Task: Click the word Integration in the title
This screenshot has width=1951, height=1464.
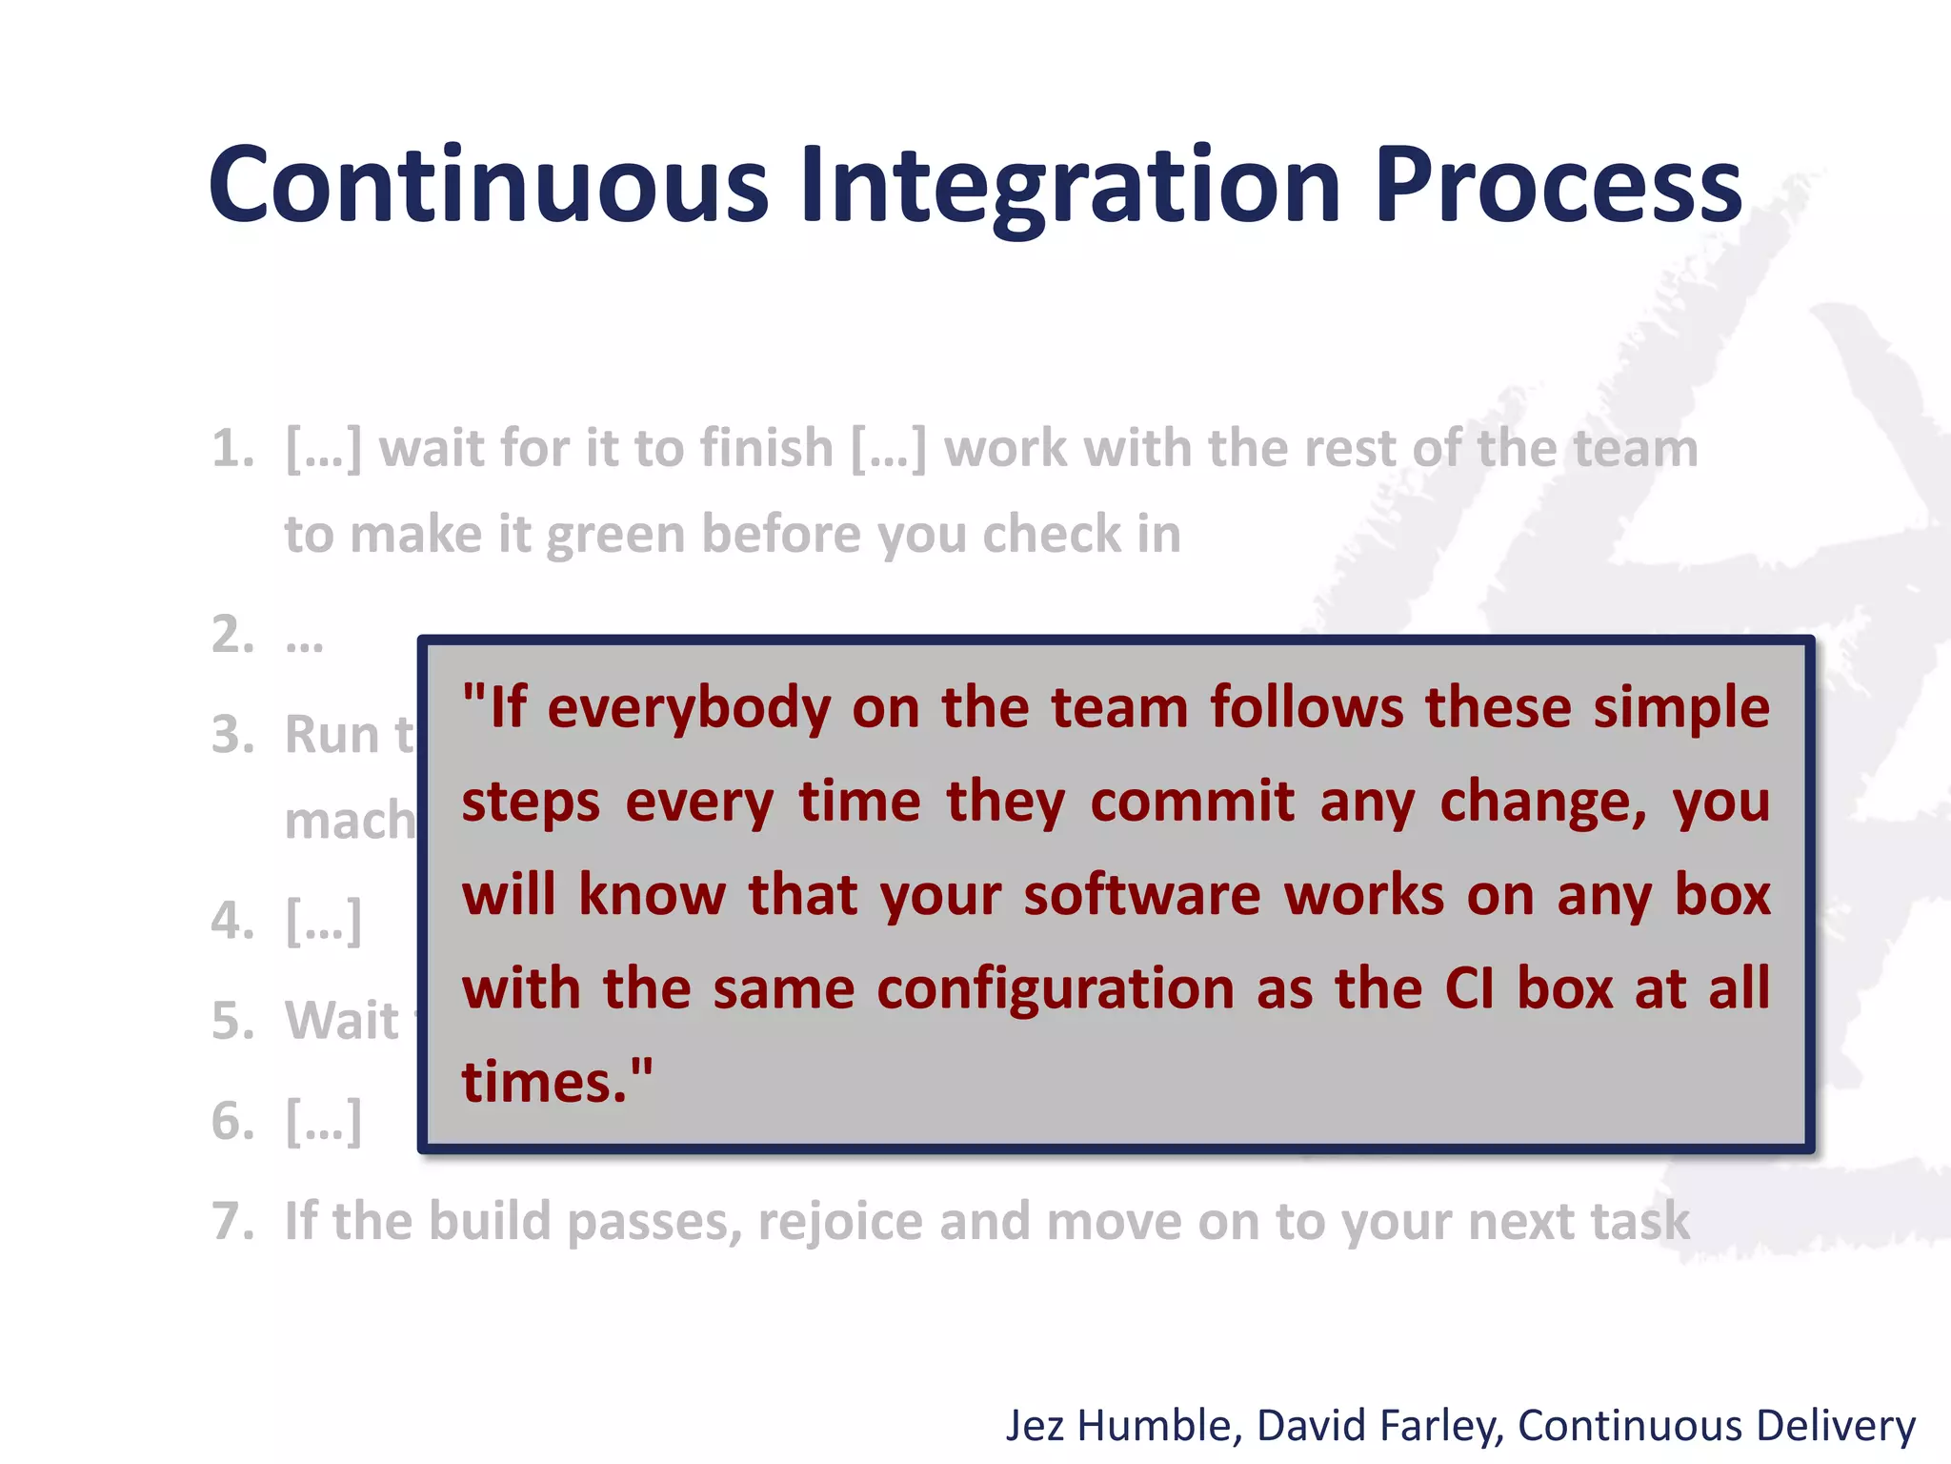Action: (1070, 186)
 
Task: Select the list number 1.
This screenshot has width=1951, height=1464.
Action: (231, 449)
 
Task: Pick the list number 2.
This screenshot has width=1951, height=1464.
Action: (231, 635)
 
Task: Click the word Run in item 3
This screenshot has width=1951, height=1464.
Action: (332, 735)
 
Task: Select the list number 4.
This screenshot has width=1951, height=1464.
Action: (231, 921)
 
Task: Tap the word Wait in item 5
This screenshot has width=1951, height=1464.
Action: (342, 1021)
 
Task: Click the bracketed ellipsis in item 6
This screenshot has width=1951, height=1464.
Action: (324, 1121)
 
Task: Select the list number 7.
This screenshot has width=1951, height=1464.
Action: (231, 1221)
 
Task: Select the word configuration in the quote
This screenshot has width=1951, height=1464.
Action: (1055, 989)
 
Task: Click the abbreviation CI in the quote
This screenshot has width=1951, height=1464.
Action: (1468, 989)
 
